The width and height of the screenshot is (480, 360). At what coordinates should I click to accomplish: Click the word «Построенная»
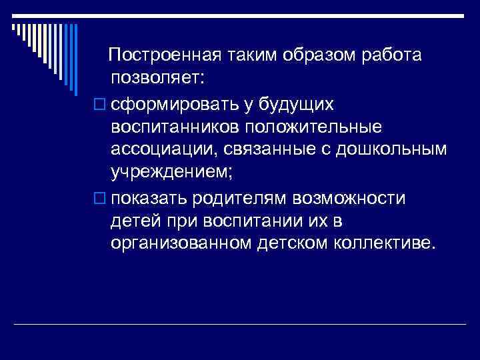[x=161, y=54]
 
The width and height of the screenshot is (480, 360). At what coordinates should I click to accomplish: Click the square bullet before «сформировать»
[x=101, y=104]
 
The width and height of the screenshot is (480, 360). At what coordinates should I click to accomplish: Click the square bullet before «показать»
[x=101, y=198]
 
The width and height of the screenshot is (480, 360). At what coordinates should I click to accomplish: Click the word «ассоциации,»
[x=163, y=151]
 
